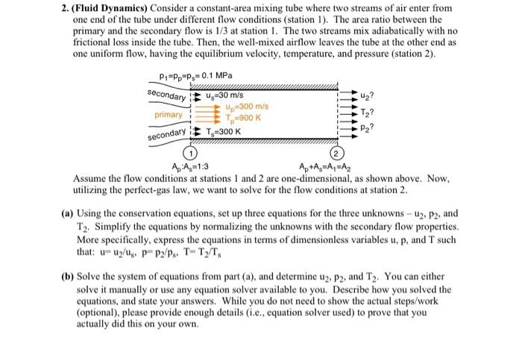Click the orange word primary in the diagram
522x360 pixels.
[168, 115]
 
